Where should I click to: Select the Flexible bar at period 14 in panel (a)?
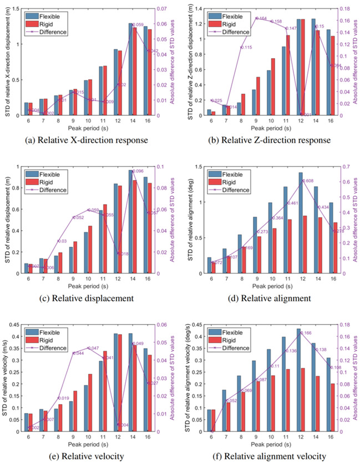click(131, 69)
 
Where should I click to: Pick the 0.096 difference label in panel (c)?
click(138, 171)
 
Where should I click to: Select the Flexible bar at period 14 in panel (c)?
click(131, 221)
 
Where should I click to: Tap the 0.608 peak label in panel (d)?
click(309, 181)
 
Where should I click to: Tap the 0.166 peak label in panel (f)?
click(308, 333)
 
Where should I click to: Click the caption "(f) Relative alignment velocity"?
click(271, 456)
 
